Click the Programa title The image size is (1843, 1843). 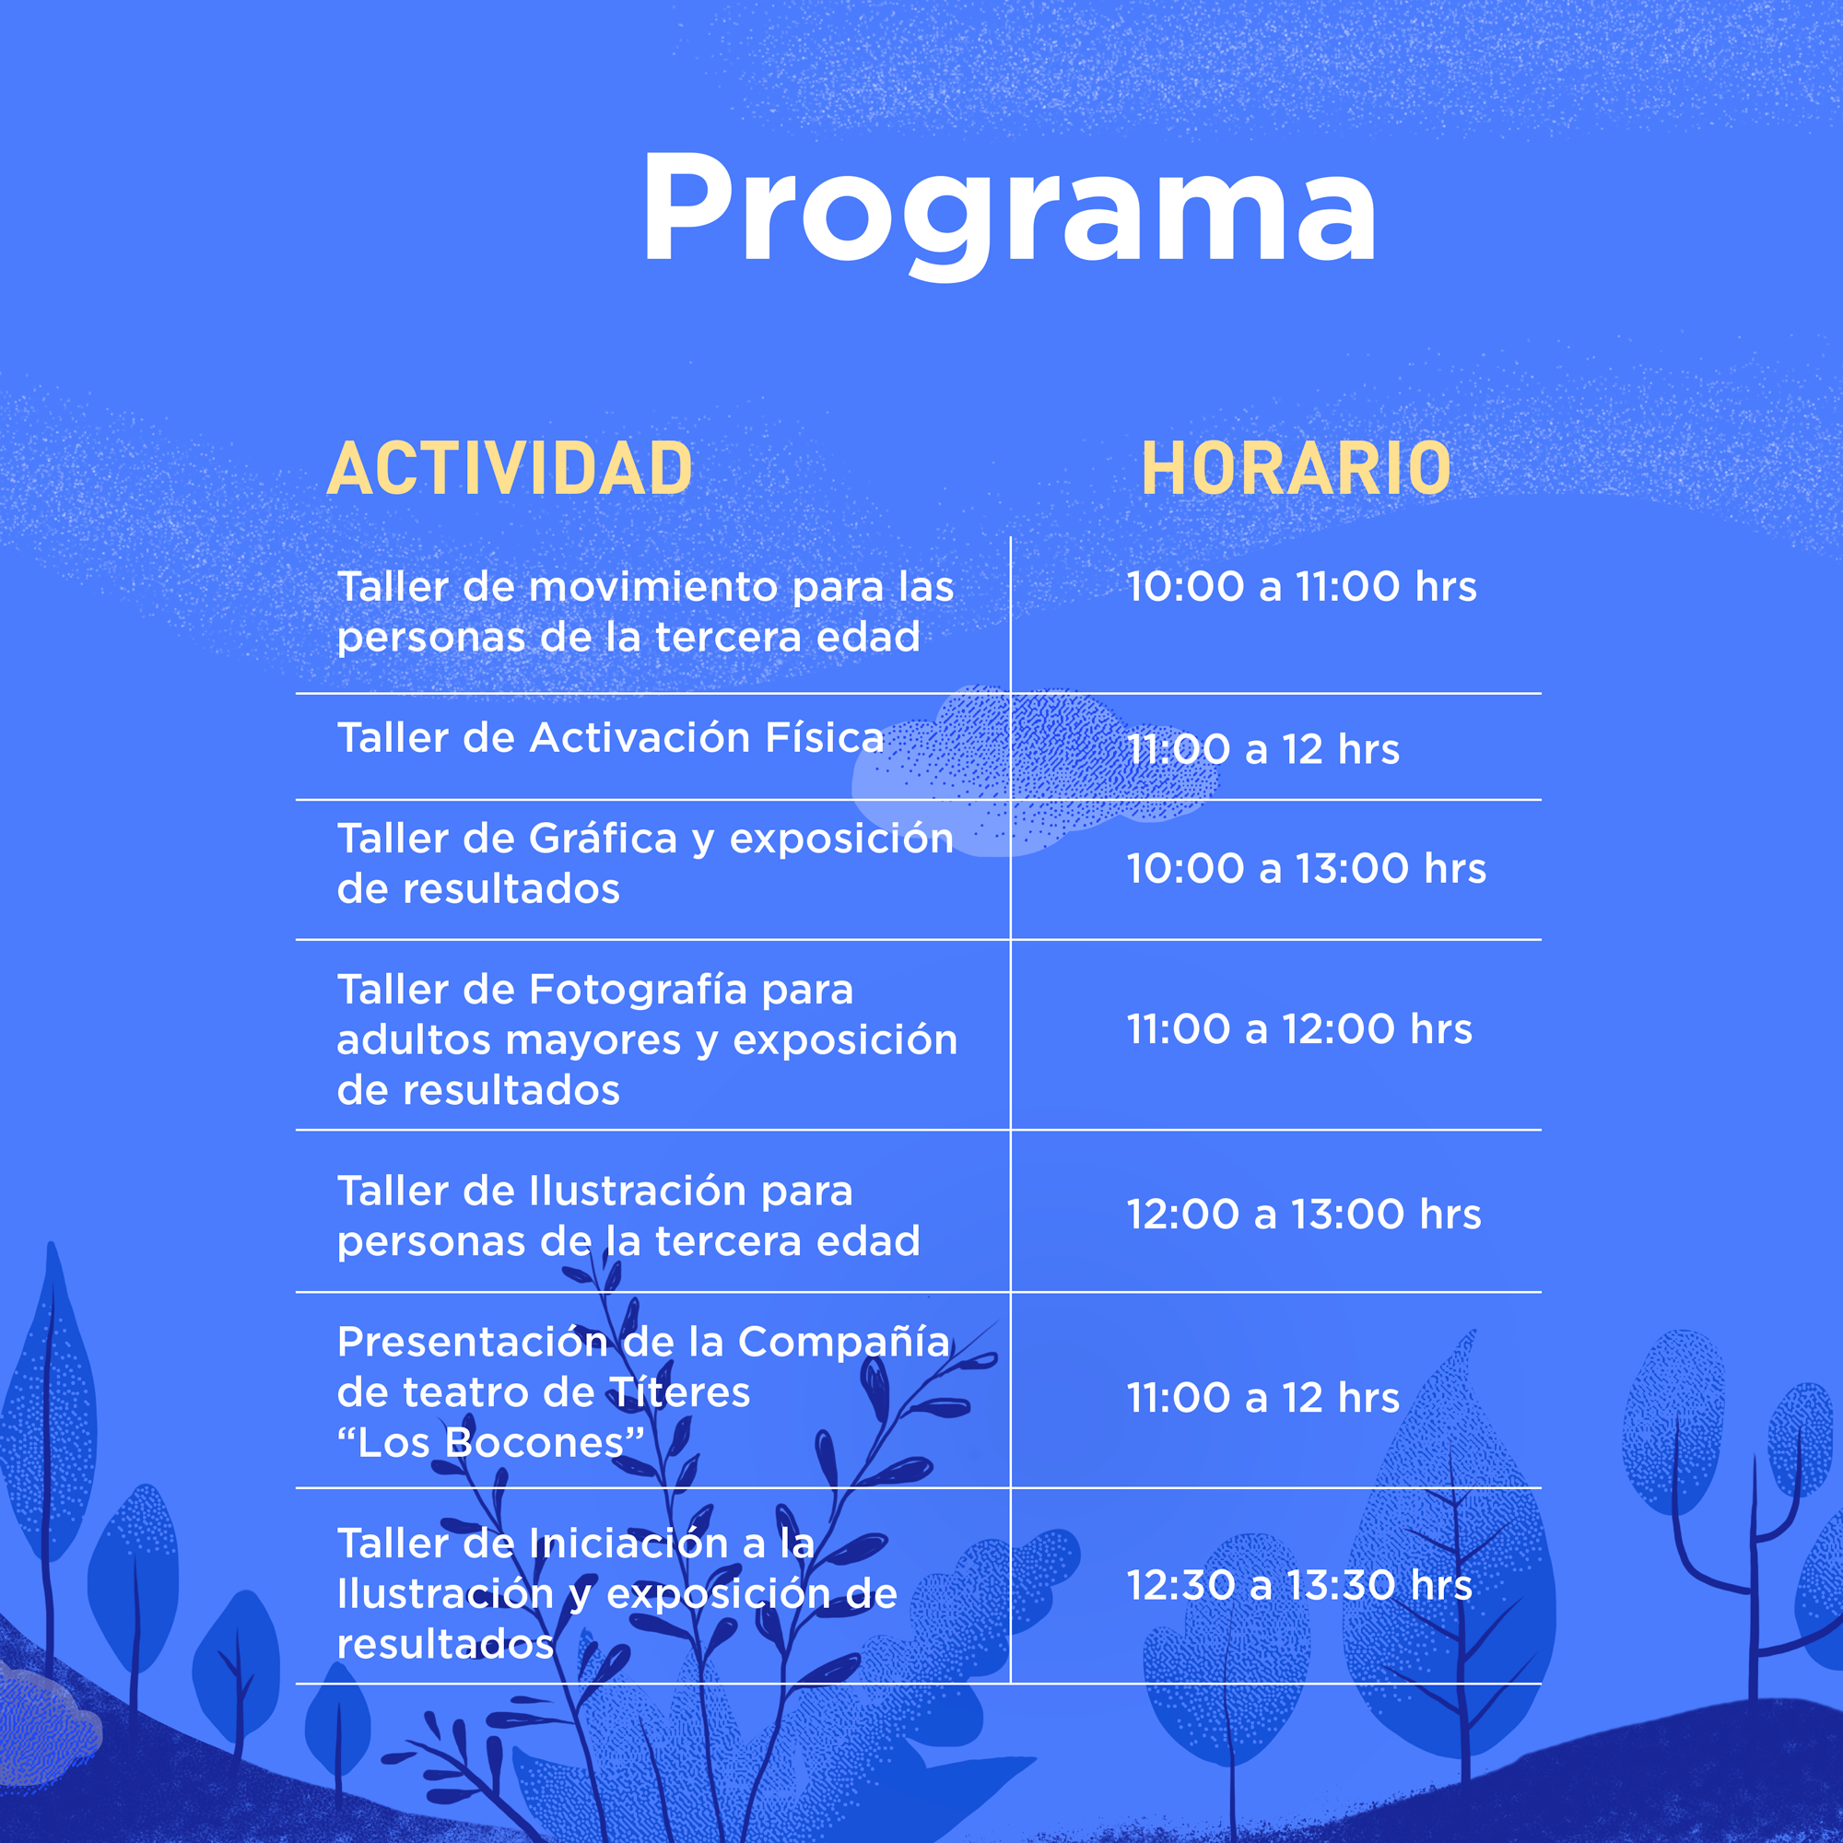[x=1010, y=214]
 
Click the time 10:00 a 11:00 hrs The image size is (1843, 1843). [x=1301, y=587]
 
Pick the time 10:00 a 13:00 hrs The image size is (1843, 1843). [x=1306, y=869]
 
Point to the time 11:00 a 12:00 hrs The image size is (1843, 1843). [x=1299, y=1029]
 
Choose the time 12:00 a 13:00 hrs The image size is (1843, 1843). [x=1304, y=1215]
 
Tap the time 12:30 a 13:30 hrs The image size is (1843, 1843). [x=1299, y=1584]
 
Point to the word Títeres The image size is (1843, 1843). [x=679, y=1392]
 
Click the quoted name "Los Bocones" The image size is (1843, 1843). [x=491, y=1443]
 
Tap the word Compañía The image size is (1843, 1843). [x=844, y=1343]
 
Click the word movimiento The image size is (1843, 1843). [x=653, y=587]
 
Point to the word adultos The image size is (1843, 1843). [x=414, y=1039]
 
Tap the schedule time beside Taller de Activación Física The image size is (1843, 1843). [x=1263, y=750]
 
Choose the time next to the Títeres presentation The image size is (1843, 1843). [x=1263, y=1399]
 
